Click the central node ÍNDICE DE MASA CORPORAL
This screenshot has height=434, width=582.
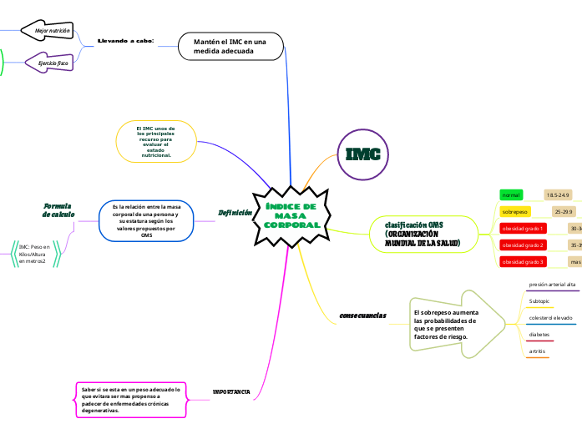pyautogui.click(x=291, y=216)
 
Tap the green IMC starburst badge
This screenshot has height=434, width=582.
pyautogui.click(x=363, y=154)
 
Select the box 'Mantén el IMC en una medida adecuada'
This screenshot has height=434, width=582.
pyautogui.click(x=230, y=47)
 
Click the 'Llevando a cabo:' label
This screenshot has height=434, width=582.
pyautogui.click(x=125, y=41)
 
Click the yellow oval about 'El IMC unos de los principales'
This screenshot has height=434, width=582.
pyautogui.click(x=156, y=142)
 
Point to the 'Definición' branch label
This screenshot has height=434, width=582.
pyautogui.click(x=235, y=213)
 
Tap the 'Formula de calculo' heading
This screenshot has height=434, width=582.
pyautogui.click(x=58, y=209)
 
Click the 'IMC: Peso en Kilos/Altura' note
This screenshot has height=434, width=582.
pyautogui.click(x=34, y=255)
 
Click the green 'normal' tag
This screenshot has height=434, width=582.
pyautogui.click(x=511, y=194)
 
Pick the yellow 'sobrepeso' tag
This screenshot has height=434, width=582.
pyautogui.click(x=515, y=212)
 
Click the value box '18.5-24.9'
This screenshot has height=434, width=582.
pyautogui.click(x=558, y=194)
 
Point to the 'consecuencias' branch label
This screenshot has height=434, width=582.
pyautogui.click(x=362, y=315)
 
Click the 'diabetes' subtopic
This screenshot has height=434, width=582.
pyautogui.click(x=539, y=335)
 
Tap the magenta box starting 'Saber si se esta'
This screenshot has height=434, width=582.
pyautogui.click(x=131, y=399)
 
